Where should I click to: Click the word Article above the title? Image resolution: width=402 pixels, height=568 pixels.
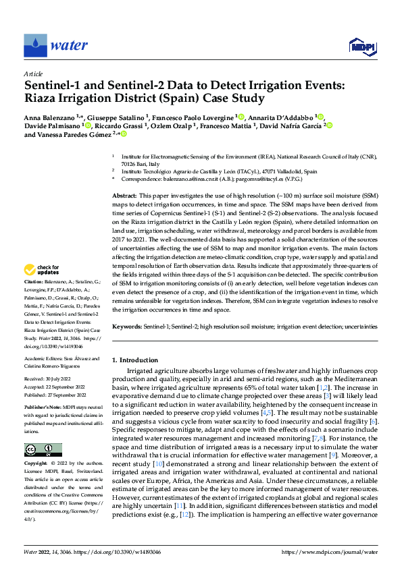[x=33, y=74]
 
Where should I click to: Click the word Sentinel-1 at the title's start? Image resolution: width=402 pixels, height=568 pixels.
[x=53, y=86]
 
